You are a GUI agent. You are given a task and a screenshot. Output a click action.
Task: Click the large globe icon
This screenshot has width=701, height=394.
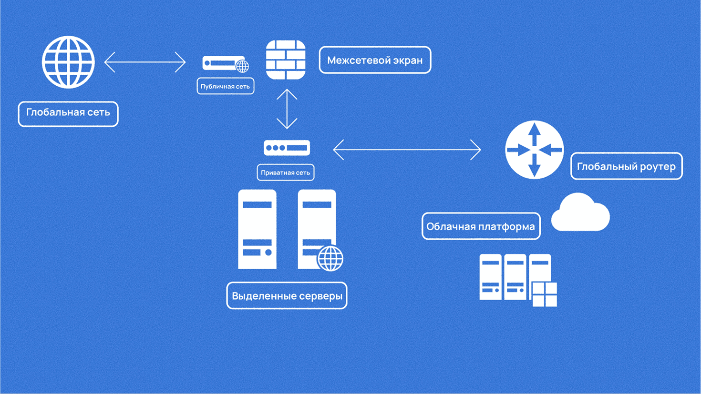click(x=68, y=62)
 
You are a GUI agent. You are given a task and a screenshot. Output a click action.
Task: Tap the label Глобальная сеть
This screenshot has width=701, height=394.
click(x=68, y=113)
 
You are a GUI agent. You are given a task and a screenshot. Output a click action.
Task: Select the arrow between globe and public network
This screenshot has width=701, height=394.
click(x=145, y=62)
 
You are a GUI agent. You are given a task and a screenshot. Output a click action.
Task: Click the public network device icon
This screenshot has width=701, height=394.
click(x=222, y=63)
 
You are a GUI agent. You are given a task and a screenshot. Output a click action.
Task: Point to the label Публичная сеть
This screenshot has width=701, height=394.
click(x=225, y=86)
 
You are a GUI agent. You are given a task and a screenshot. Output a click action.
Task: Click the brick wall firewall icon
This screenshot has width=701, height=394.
click(x=286, y=60)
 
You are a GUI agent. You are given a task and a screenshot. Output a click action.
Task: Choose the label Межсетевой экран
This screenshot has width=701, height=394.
click(x=375, y=60)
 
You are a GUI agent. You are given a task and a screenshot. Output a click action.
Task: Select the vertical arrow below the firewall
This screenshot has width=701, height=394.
click(x=287, y=109)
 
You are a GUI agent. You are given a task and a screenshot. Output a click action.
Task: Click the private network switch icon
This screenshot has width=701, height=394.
click(x=287, y=148)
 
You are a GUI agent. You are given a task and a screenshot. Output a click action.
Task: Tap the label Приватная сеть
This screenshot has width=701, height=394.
click(x=285, y=172)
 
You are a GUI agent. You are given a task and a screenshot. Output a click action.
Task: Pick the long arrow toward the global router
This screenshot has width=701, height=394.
click(x=407, y=150)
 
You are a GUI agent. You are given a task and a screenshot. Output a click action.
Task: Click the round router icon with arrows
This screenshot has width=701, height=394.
click(x=534, y=150)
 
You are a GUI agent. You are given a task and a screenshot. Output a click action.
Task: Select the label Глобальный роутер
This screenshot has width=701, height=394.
click(x=626, y=166)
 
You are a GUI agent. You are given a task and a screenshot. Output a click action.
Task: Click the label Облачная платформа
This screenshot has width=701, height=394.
click(x=481, y=226)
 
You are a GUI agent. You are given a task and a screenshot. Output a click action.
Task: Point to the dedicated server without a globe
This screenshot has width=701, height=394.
click(x=257, y=229)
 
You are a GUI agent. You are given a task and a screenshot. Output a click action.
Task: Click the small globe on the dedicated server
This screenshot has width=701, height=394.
click(x=330, y=259)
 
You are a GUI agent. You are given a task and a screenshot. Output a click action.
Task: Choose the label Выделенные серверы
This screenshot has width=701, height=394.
click(x=287, y=296)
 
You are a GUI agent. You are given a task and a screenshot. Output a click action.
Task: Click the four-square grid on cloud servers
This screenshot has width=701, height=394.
click(x=544, y=294)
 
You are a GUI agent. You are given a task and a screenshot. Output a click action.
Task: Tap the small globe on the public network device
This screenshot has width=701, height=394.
click(x=242, y=66)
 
